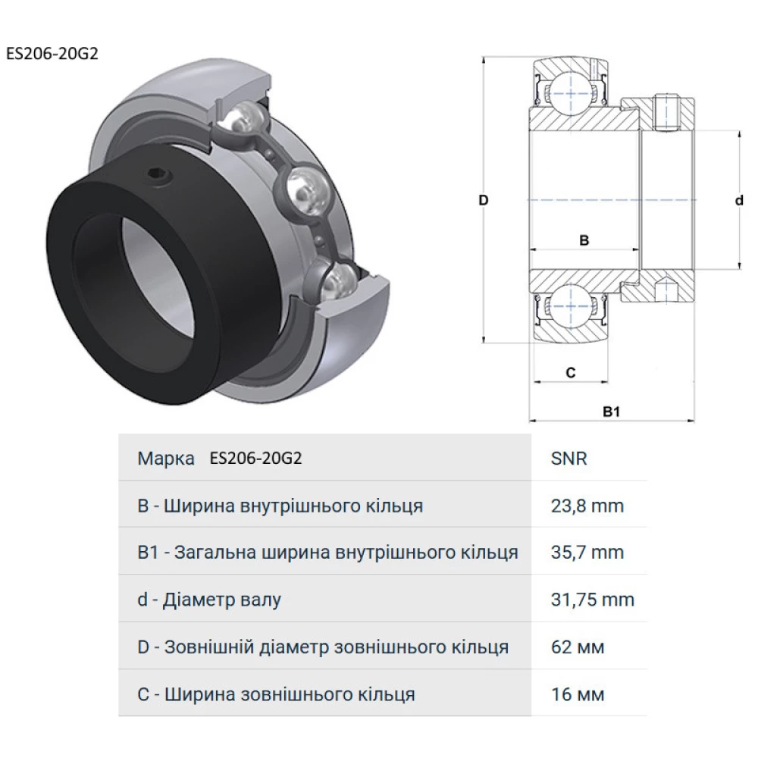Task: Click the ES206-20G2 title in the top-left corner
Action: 51,54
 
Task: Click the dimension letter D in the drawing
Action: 482,200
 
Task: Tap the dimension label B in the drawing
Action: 584,240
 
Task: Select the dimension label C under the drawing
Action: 571,372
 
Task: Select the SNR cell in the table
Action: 570,459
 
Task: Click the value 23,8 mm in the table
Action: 587,506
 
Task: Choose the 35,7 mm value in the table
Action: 587,553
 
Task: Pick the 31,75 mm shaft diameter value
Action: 593,600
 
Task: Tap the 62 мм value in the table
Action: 578,647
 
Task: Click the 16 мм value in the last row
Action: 578,694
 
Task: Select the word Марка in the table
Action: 165,459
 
